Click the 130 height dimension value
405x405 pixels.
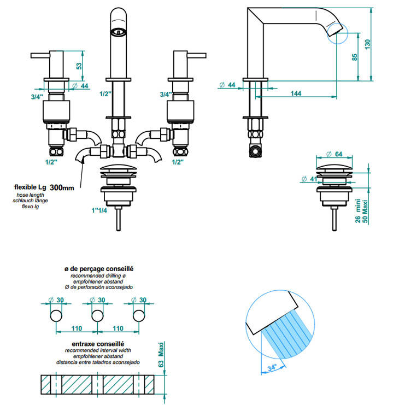367,44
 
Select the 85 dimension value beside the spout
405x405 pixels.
355,57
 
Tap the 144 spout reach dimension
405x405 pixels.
296,93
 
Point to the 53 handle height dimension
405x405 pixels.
79,66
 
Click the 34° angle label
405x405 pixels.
272,367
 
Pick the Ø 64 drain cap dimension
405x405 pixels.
334,154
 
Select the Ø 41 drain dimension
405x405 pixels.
309,179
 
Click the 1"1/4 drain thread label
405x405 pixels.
99,210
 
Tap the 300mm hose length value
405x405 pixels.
62,187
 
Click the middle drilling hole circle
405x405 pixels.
97,315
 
